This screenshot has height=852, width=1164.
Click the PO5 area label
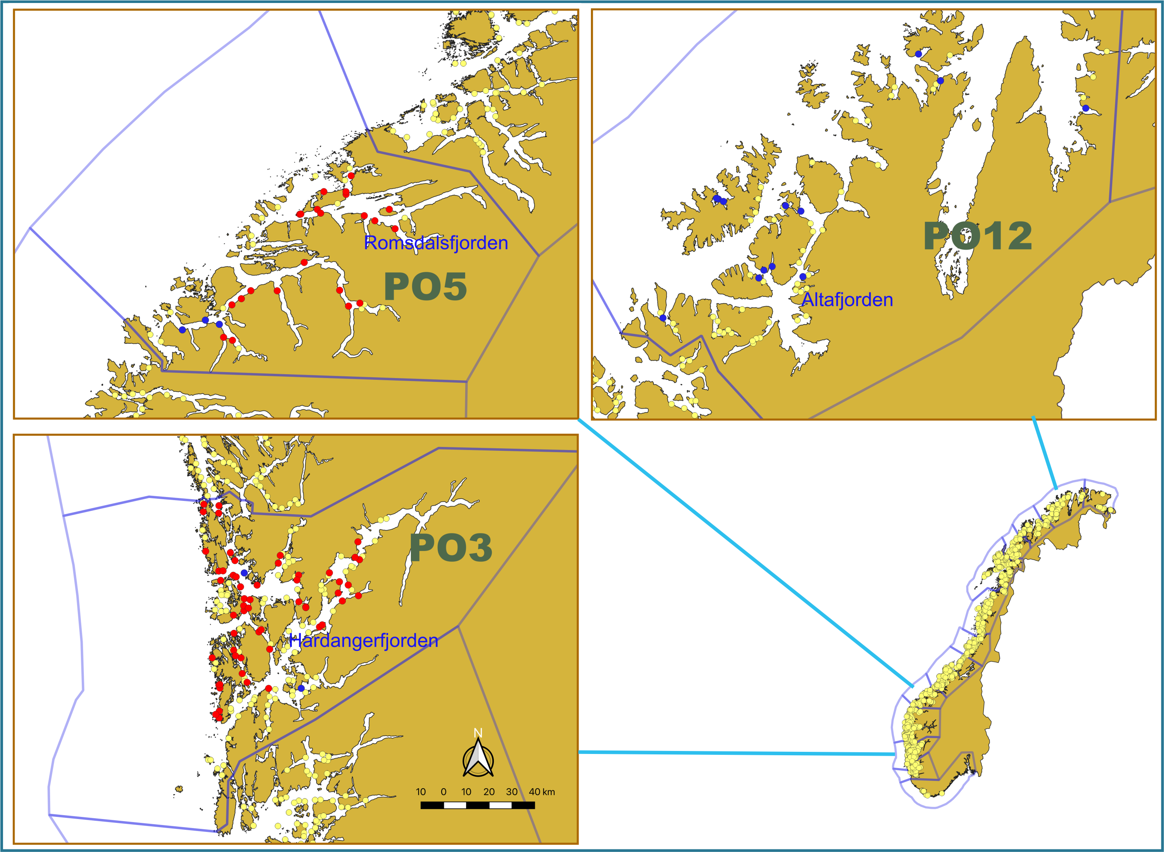coord(425,287)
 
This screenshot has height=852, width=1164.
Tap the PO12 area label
coord(977,236)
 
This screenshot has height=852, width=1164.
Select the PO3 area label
coord(451,548)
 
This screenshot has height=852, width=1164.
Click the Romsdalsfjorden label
coord(436,243)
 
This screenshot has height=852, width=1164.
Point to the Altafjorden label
coord(847,300)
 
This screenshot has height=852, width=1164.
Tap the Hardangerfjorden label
coord(363,640)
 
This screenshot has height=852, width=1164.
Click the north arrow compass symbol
coord(478,758)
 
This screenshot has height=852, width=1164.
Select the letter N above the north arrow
coord(478,733)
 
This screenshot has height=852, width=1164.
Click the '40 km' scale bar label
coord(542,792)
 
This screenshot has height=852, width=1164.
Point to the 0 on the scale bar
coord(443,792)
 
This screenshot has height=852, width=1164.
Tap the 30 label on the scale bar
coord(511,792)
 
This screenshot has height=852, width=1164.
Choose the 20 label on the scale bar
coord(489,792)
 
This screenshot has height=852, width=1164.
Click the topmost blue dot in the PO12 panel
coord(918,54)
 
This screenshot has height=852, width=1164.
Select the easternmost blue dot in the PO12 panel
coord(1086,108)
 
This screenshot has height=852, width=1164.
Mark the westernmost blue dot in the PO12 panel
coord(663,318)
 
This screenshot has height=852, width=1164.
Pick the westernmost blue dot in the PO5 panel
coord(182,330)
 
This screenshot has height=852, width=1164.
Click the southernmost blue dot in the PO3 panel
coord(301,688)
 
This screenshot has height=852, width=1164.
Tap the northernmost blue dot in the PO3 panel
coord(244,573)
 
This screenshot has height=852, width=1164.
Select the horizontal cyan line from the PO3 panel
coord(737,753)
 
